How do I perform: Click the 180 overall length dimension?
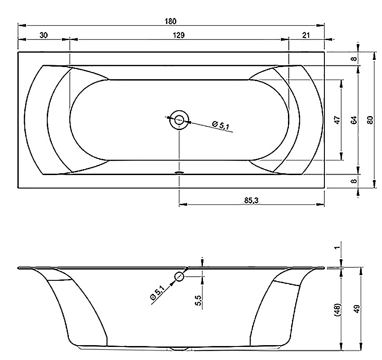pos(170,22)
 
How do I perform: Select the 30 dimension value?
pos(43,35)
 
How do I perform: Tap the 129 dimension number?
pos(179,35)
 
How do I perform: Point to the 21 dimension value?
pos(306,35)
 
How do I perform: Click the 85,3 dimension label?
pos(252,200)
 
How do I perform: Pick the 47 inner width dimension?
pos(337,120)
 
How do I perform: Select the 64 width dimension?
pos(354,120)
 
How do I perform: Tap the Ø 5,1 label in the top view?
pos(221,125)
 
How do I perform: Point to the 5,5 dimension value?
pos(198,300)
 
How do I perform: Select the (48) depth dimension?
pos(338,310)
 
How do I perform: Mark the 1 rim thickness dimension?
pos(337,247)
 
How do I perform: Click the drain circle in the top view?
pos(180,120)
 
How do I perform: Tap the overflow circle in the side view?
pos(179,276)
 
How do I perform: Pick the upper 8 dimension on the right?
pos(355,58)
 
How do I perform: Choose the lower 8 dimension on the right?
pos(355,181)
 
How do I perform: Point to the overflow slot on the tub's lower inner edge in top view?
pos(180,172)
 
